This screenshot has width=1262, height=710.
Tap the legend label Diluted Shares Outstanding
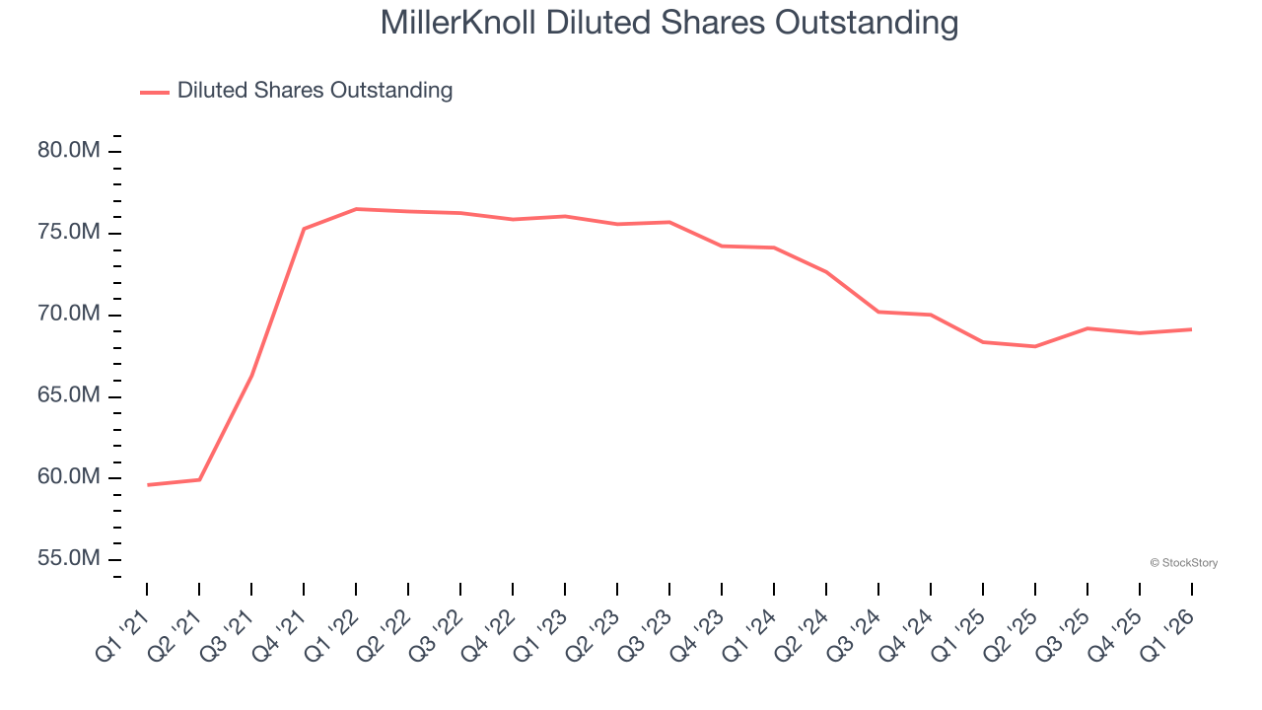tap(315, 91)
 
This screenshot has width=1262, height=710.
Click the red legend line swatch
tap(155, 92)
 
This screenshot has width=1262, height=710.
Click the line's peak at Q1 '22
tap(356, 209)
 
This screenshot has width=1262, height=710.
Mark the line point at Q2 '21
tap(199, 480)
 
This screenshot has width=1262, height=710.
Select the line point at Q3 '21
tap(251, 376)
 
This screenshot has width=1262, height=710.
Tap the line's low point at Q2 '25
tap(1035, 346)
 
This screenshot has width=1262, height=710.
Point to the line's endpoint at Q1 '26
tap(1191, 329)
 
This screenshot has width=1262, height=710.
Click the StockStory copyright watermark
tap(1183, 563)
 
